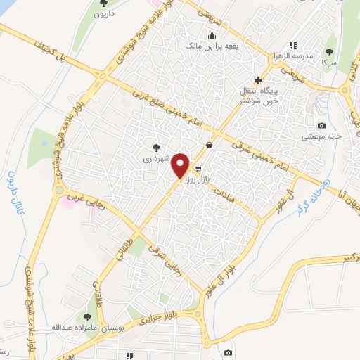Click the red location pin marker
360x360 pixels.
pyautogui.click(x=181, y=166)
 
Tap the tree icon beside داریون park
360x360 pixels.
pyautogui.click(x=95, y=11)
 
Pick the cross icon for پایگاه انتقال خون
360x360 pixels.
pyautogui.click(x=259, y=81)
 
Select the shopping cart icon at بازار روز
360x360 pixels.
pyautogui.click(x=199, y=169)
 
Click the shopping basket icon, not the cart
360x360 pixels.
pyautogui.click(x=210, y=146)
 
